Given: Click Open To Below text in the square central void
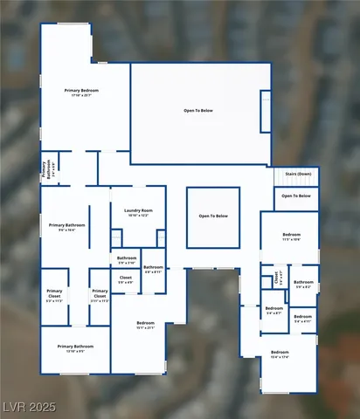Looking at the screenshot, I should coord(213,216).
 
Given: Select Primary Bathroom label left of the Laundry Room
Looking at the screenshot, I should coord(66,225).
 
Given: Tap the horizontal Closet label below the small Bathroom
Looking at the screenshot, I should coord(125,278).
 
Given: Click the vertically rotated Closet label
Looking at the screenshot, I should coord(276,279).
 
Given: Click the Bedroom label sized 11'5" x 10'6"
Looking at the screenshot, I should coord(291,235).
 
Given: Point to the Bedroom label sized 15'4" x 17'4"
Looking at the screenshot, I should coord(280,353).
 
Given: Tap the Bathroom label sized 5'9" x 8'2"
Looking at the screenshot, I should coord(303,282).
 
